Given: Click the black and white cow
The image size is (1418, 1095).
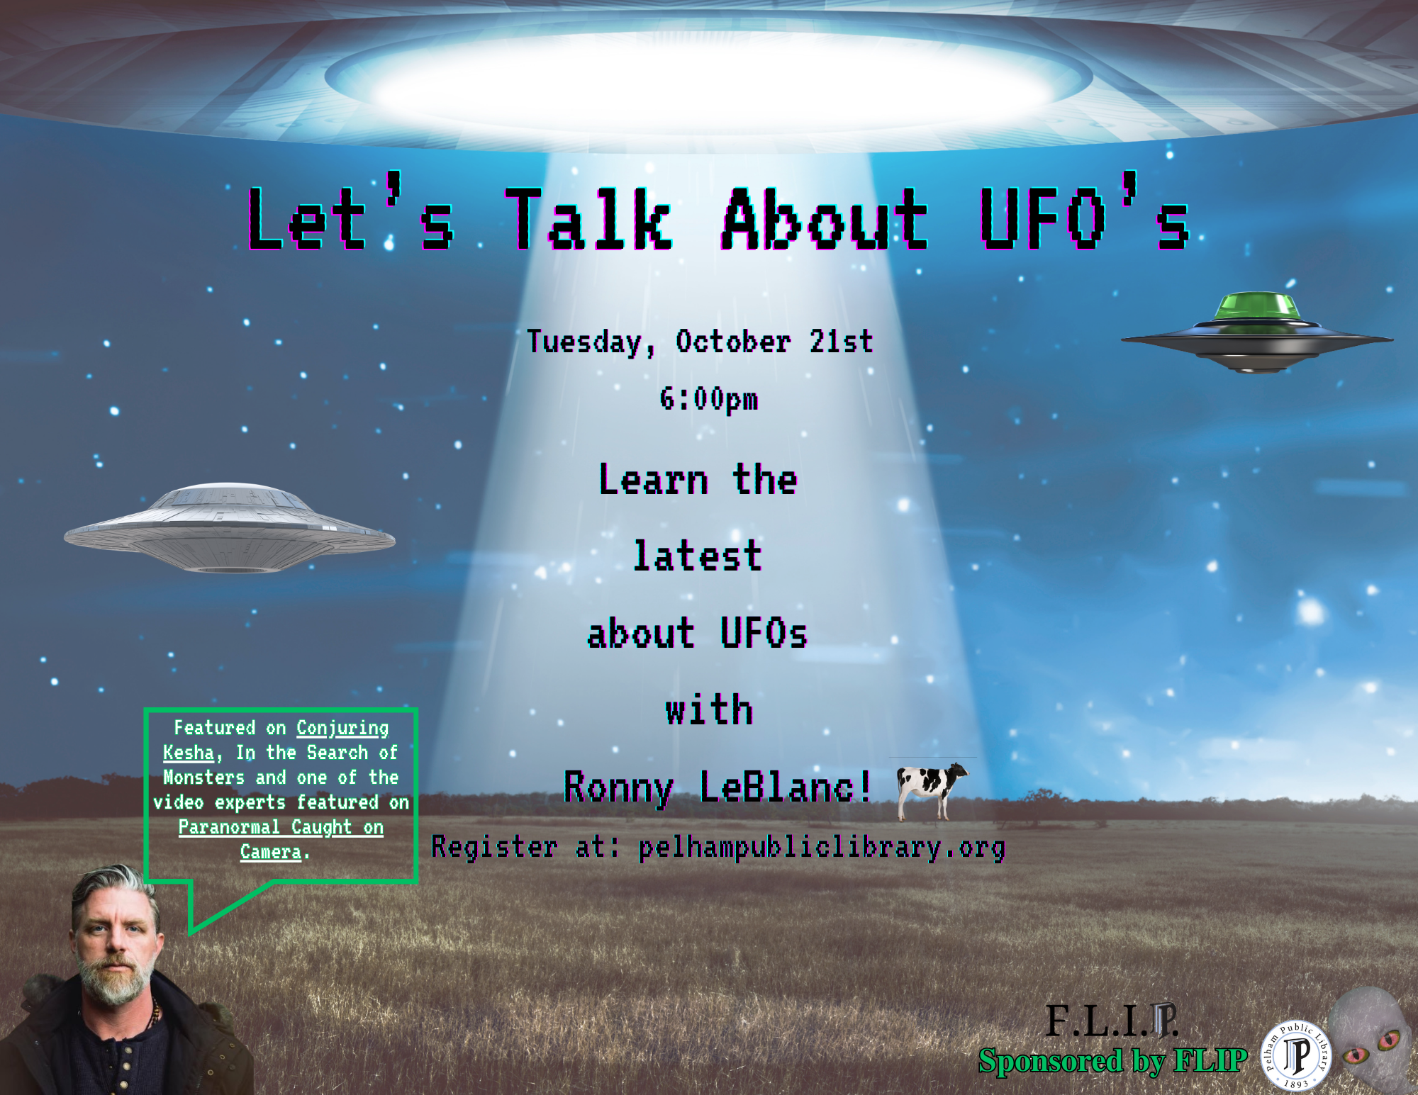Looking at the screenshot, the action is [931, 790].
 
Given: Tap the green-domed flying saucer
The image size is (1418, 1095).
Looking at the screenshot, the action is [1256, 332].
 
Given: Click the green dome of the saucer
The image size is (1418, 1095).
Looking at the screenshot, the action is [1257, 306].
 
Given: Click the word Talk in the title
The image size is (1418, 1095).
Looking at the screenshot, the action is [588, 219].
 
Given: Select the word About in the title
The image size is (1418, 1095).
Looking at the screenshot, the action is [825, 219].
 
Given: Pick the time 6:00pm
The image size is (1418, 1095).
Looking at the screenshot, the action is [709, 400].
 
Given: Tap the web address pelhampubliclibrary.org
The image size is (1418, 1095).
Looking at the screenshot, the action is [822, 848].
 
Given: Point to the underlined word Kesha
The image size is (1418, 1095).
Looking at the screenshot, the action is [189, 753].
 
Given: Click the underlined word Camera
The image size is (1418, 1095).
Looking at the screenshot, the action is [271, 852].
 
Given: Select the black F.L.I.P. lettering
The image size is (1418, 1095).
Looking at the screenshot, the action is [1111, 1021].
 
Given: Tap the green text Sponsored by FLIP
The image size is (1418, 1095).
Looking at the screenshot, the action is [1112, 1061].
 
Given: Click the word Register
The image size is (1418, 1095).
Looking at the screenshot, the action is [494, 848].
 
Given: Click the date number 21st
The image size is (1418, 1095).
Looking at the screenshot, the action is [842, 342].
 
